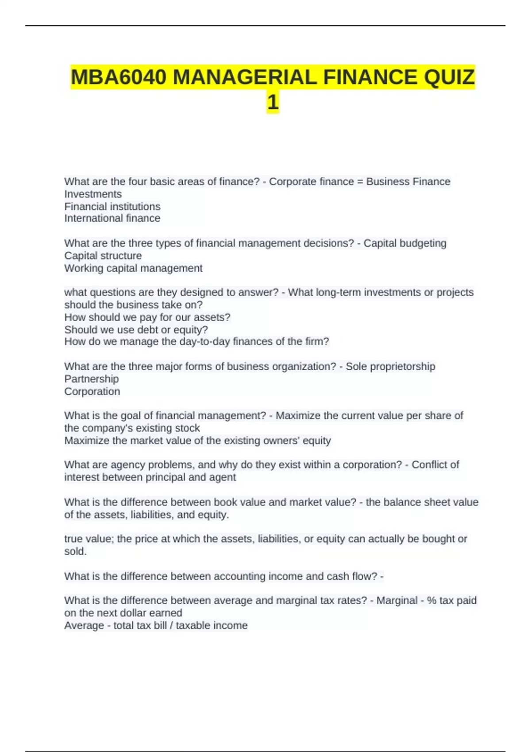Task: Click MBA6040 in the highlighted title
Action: [119, 77]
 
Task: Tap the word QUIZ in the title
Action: [449, 77]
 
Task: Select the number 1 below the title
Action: [273, 103]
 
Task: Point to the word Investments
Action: [93, 194]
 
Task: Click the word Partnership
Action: [92, 379]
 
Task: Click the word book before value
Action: [226, 503]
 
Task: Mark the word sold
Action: [75, 552]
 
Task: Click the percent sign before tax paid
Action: [431, 601]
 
